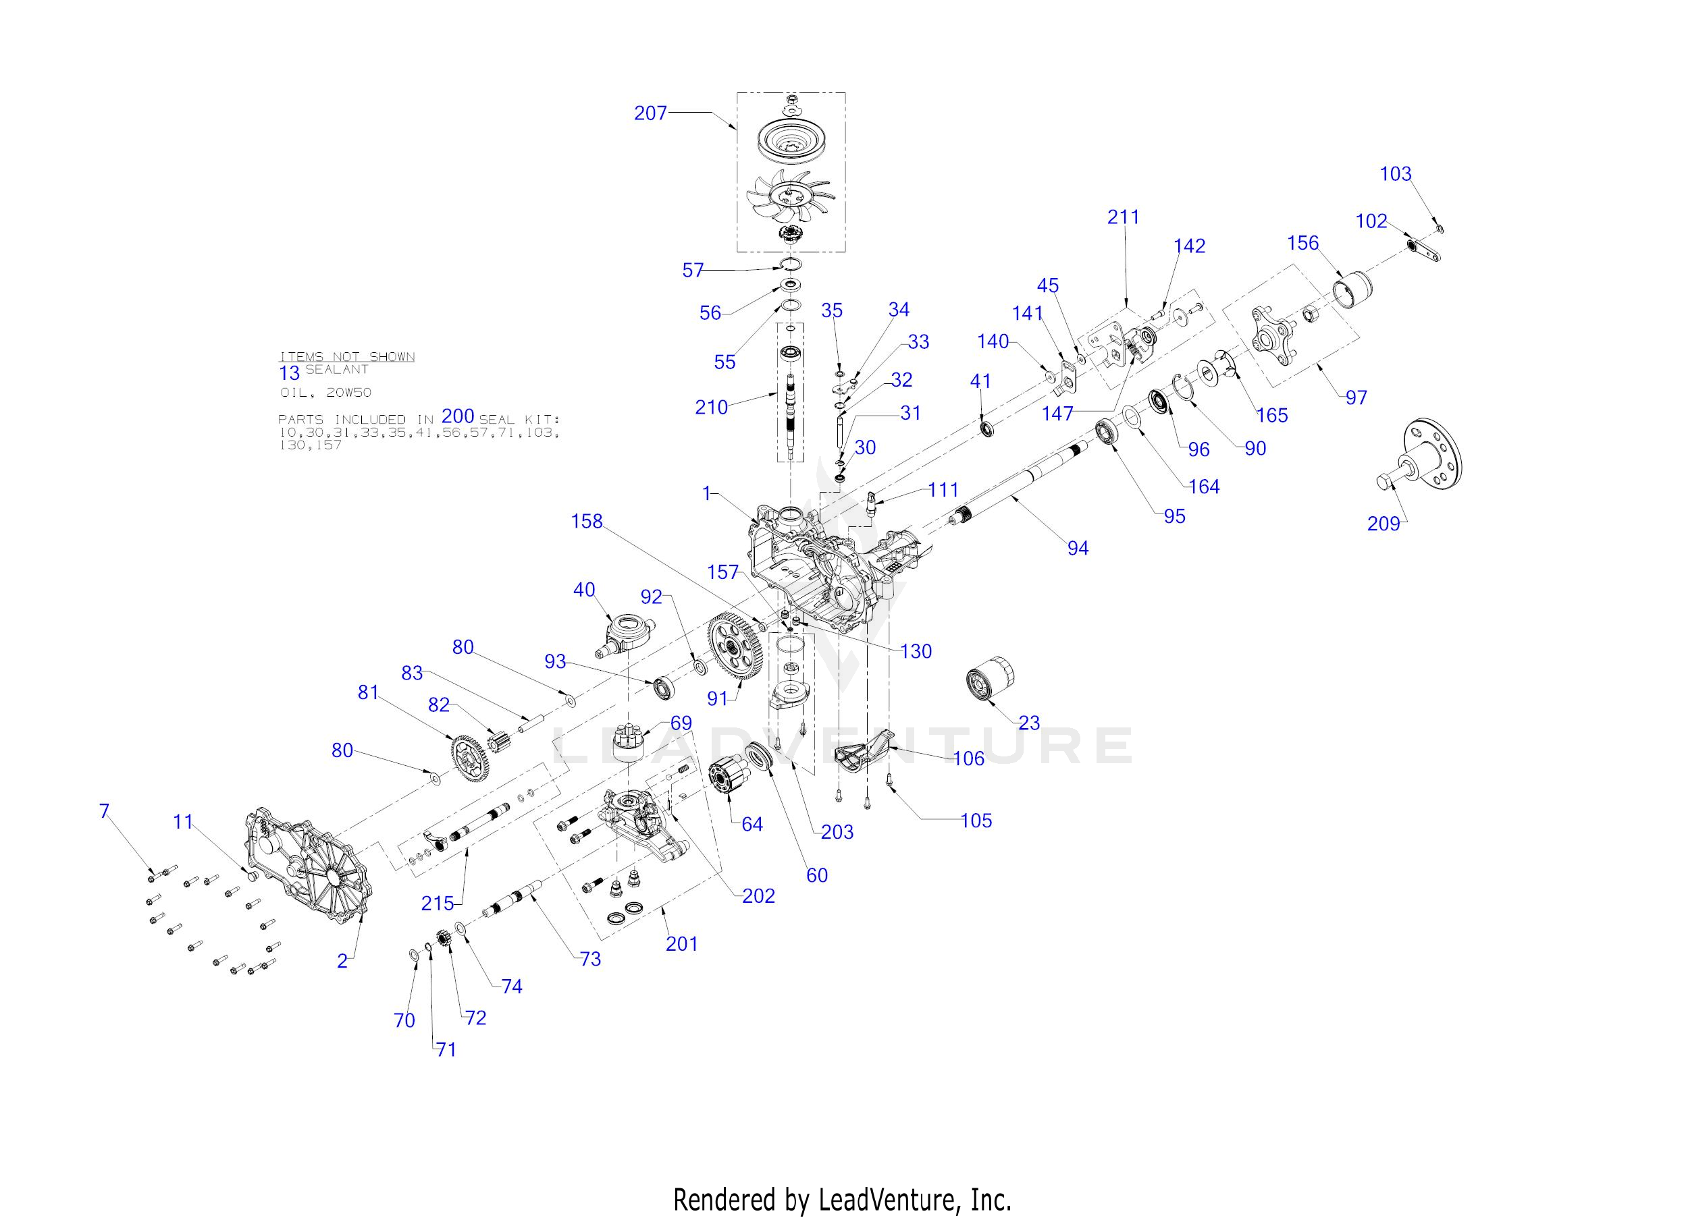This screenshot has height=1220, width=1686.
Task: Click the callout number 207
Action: (650, 113)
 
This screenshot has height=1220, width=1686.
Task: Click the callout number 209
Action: (1384, 524)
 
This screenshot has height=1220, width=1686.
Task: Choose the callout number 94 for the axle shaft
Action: (1078, 548)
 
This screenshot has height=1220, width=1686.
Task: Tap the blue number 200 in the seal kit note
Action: (458, 416)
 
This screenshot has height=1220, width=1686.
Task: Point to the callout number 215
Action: (437, 904)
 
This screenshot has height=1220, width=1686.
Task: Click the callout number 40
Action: (584, 589)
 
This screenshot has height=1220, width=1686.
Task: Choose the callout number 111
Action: (943, 490)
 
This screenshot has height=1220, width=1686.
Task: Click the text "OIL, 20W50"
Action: (326, 392)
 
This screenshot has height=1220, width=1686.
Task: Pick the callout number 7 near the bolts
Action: (104, 810)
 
